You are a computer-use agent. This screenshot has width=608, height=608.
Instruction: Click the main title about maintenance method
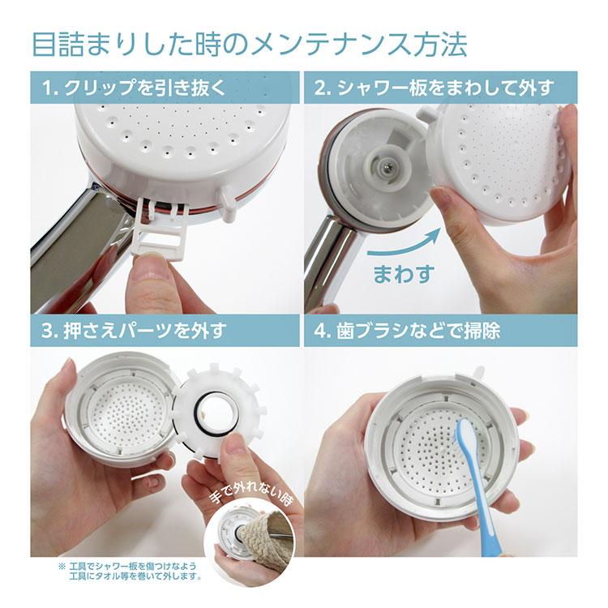[249, 43]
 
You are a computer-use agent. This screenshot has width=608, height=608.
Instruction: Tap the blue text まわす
[403, 273]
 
